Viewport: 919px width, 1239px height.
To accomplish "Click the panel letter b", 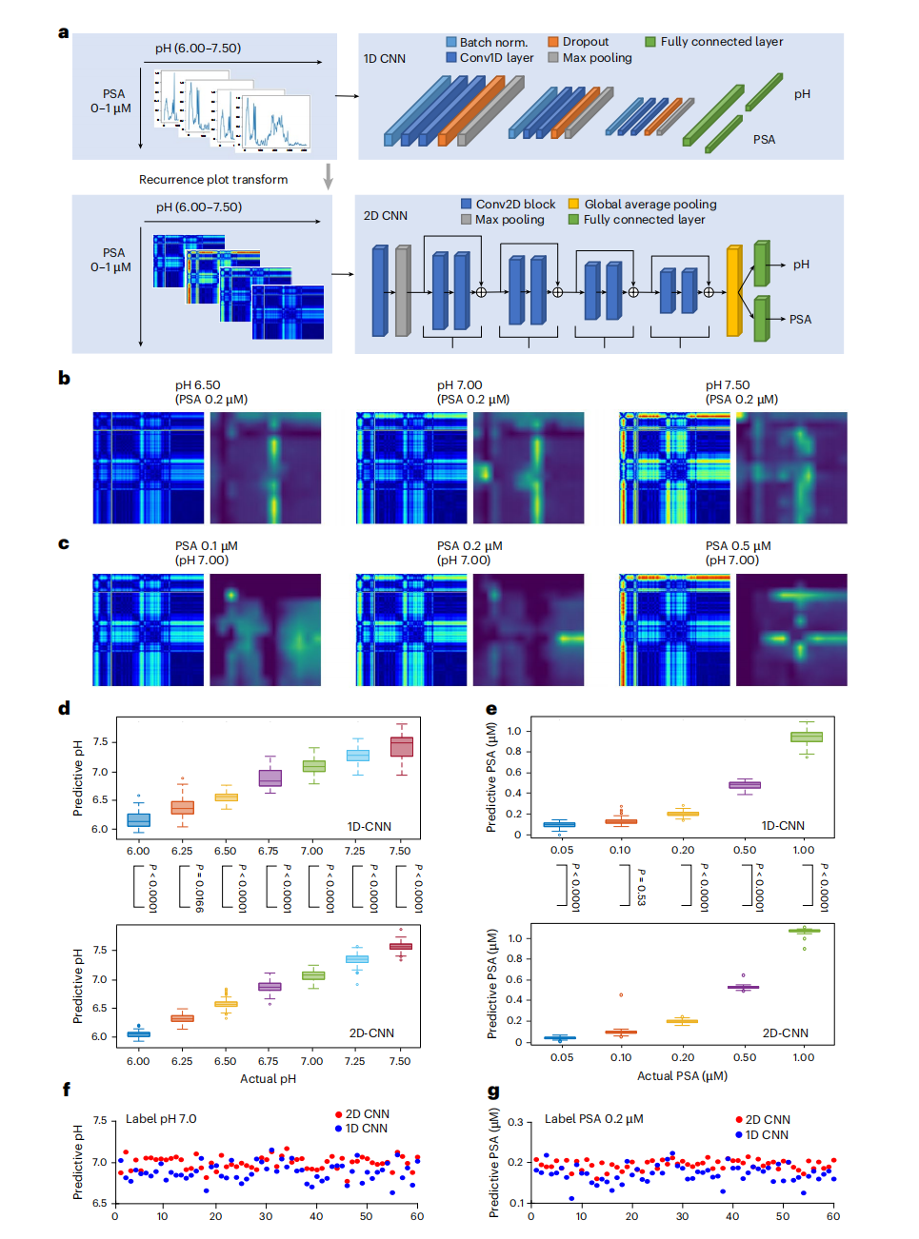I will pos(64,378).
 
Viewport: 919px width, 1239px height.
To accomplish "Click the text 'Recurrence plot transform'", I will pos(213,180).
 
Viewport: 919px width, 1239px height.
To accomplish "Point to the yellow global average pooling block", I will pos(733,291).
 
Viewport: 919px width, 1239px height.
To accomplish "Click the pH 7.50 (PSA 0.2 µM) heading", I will pos(741,392).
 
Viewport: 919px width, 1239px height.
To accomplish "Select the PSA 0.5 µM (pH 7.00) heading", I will pos(738,553).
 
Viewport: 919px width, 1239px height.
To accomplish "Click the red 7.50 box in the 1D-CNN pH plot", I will pos(402,747).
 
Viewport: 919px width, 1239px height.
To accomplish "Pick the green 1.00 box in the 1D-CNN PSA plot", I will pos(807,737).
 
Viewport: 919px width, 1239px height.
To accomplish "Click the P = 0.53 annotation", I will pos(641,887).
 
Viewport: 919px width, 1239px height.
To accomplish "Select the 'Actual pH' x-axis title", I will pos(268,1079).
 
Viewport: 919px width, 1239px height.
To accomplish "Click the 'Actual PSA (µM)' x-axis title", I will pos(682,1076).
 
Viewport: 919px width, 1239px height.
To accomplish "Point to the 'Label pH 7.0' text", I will pos(161,1119).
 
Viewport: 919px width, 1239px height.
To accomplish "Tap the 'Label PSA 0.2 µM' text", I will pos(593,1119).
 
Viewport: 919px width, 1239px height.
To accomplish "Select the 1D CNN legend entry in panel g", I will pos(766,1135).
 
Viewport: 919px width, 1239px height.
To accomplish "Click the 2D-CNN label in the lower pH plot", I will pos(371,1033).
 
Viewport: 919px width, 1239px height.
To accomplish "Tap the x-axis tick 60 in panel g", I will pos(833,1216).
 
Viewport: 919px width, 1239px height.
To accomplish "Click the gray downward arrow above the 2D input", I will pos(329,177).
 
